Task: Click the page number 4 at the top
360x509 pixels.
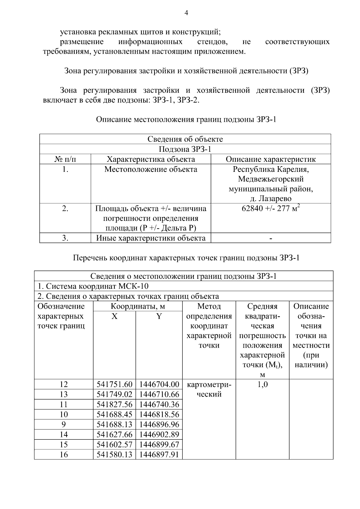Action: [x=186, y=13]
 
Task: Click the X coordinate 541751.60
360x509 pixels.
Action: [x=114, y=384]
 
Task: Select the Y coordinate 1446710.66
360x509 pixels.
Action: [x=159, y=394]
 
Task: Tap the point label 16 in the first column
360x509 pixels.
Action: [x=64, y=454]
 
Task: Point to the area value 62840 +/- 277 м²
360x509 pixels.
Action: [x=271, y=208]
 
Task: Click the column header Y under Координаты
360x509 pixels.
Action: [x=159, y=316]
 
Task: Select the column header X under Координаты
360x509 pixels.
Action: [x=114, y=316]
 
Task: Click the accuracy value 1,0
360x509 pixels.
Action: [x=262, y=384]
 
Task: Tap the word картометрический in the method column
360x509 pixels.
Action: [x=209, y=389]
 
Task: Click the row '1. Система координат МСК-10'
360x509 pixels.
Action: [x=93, y=286]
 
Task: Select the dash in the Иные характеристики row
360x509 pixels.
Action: [x=271, y=238]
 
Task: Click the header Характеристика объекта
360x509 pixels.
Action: [x=151, y=159]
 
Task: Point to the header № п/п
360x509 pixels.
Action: [x=65, y=159]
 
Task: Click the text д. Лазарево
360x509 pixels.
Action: [x=271, y=199]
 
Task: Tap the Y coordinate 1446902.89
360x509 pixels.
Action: [x=159, y=434]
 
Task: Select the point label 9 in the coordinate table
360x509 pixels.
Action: [x=64, y=424]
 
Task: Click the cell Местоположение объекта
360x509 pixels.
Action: [x=151, y=169]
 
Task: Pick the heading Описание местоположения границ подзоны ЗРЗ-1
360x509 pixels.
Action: [x=186, y=119]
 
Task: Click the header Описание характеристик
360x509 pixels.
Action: [x=271, y=159]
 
